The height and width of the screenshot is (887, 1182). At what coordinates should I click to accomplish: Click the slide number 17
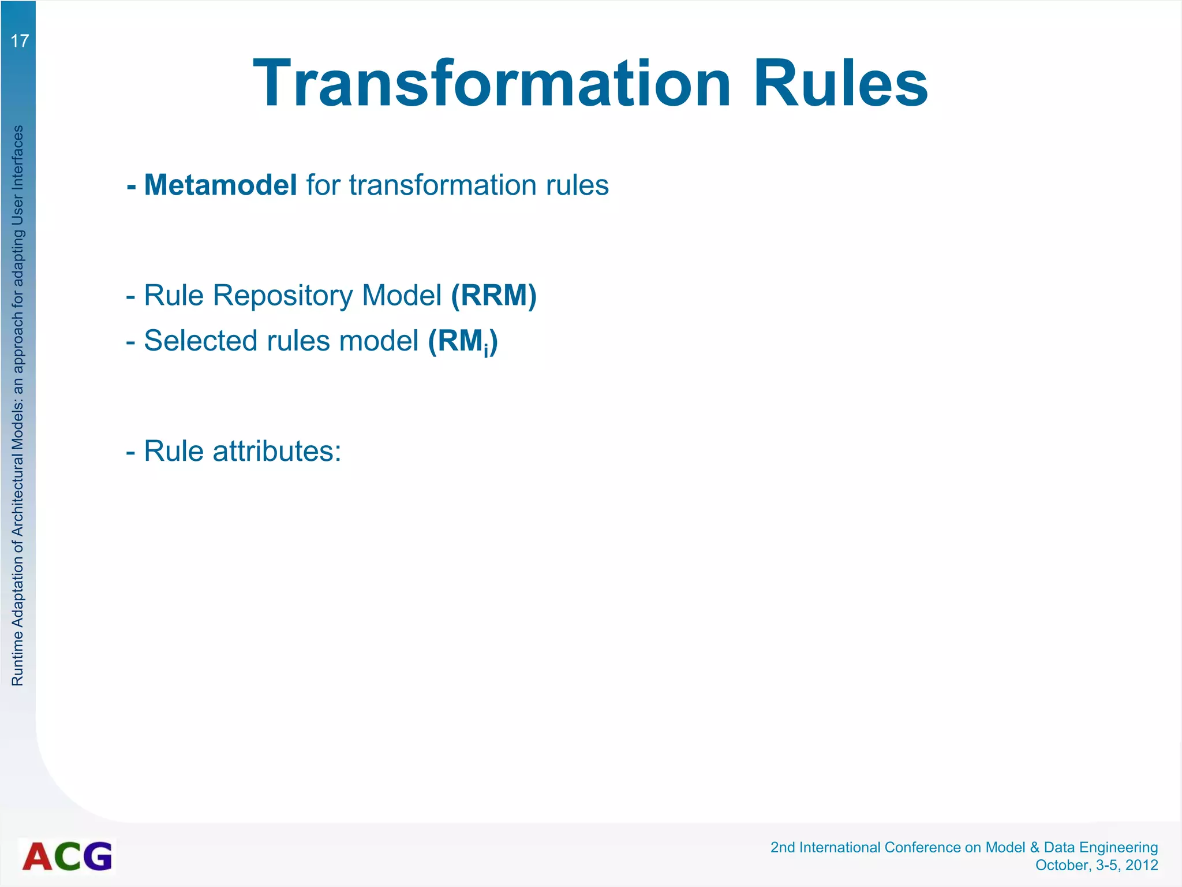20,41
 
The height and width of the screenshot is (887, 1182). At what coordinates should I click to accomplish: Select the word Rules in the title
840,84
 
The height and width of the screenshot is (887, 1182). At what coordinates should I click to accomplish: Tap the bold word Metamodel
220,185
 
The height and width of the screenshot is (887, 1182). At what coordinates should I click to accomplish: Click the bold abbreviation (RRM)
493,295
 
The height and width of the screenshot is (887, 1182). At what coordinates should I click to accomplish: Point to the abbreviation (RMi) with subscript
463,341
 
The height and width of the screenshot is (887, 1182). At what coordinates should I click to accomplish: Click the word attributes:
277,451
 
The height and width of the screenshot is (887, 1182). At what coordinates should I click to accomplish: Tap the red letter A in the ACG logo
38,856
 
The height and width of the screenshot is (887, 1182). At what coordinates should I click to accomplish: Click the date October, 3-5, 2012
1097,865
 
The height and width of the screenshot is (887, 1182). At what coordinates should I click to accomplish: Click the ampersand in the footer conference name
1034,847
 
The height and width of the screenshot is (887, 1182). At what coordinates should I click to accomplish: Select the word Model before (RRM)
401,295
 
